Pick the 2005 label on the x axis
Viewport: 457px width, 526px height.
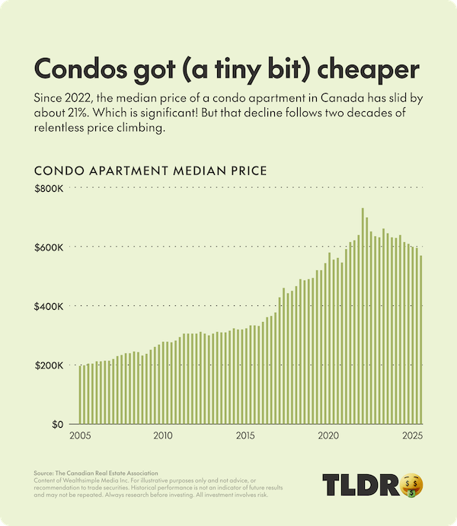pyautogui.click(x=79, y=436)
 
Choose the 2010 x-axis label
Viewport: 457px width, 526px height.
pyautogui.click(x=162, y=436)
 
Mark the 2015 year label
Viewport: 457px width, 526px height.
pyautogui.click(x=245, y=436)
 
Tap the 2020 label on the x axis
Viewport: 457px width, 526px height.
pyautogui.click(x=328, y=436)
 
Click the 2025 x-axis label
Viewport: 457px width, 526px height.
pyautogui.click(x=411, y=436)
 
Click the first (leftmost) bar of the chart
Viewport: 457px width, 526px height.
pyautogui.click(x=80, y=394)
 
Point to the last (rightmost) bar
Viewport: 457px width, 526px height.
pyautogui.click(x=420, y=340)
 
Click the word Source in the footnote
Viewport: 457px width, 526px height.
pyautogui.click(x=46, y=473)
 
